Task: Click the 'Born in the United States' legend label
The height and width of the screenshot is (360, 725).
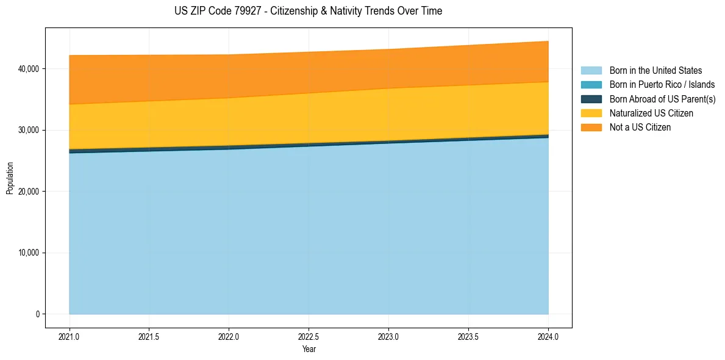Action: pos(655,71)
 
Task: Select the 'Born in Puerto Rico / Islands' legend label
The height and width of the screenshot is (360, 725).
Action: pos(662,85)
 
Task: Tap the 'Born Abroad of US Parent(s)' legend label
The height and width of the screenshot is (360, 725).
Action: pos(662,99)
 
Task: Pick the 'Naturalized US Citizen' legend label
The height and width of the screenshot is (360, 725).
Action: pos(651,113)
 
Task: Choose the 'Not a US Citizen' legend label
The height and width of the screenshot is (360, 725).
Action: pos(640,128)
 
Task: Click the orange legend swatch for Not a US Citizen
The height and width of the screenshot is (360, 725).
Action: pos(591,128)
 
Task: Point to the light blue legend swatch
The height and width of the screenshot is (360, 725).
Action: pos(591,71)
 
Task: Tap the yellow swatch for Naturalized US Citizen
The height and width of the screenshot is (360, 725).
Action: pos(591,113)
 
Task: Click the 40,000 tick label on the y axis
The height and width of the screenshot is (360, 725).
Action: pos(27,69)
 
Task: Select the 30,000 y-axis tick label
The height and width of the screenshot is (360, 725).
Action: pos(27,130)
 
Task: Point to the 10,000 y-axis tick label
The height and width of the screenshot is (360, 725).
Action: pos(27,253)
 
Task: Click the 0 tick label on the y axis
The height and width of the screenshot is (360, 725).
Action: pos(37,314)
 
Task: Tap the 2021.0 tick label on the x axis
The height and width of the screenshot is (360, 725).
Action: pos(70,336)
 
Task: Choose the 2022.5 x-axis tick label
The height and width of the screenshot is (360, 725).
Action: pos(309,336)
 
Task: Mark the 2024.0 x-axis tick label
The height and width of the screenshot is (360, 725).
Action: pos(548,336)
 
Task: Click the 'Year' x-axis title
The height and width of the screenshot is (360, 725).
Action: pos(309,349)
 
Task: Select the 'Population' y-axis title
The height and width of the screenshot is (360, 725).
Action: pos(10,178)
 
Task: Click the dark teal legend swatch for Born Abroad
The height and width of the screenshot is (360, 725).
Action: pos(591,99)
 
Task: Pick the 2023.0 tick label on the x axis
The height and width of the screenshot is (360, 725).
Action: pos(388,336)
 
